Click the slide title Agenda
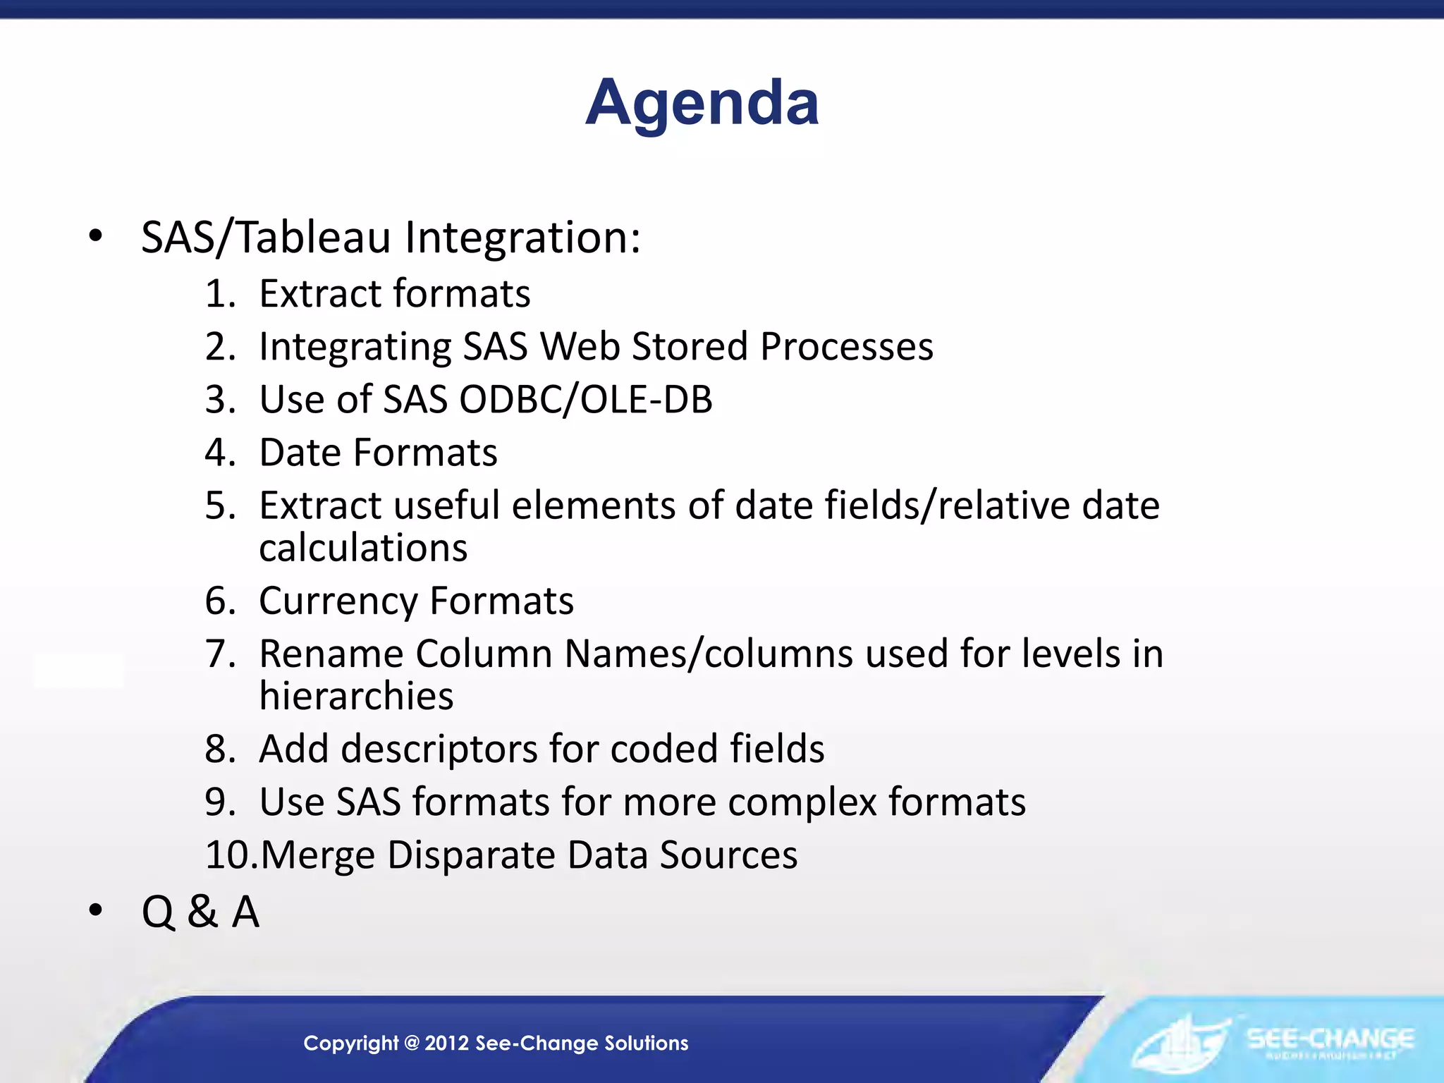click(x=702, y=103)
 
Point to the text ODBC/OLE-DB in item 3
click(x=585, y=399)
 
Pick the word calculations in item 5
click(x=363, y=548)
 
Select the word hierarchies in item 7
click(x=356, y=696)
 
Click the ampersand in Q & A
click(x=202, y=912)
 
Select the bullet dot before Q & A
click(x=96, y=911)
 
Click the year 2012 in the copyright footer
click(x=447, y=1043)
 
